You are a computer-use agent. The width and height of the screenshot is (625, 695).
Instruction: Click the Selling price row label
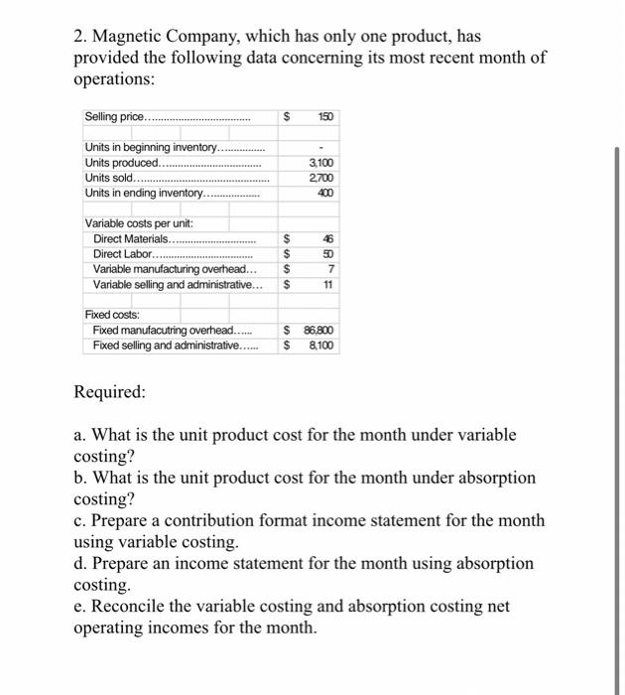(x=115, y=117)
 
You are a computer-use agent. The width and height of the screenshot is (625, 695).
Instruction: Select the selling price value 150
(x=325, y=117)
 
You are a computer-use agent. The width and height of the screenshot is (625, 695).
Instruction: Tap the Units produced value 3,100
(x=321, y=163)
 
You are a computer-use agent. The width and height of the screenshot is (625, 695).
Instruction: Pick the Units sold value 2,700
(x=321, y=177)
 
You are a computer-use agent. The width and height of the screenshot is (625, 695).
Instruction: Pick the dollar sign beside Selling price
(x=288, y=117)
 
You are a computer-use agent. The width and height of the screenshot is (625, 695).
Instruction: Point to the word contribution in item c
(x=239, y=520)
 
